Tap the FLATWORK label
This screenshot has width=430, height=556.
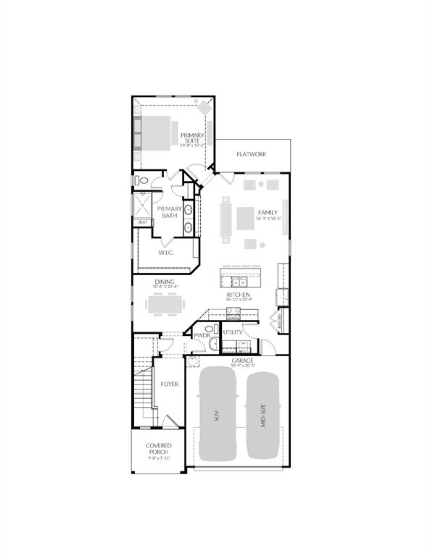pos(252,153)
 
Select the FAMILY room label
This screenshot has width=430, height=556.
pos(268,213)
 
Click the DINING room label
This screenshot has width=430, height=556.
pos(165,282)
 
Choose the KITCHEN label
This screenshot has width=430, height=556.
pos(238,295)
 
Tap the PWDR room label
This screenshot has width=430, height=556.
pos(201,335)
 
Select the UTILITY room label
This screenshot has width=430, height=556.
pos(233,332)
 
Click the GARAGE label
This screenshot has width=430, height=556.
pos(242,361)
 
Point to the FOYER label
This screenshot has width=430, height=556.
pos(170,384)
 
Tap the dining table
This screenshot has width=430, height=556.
pos(168,306)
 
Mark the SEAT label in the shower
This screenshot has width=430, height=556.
pos(143,222)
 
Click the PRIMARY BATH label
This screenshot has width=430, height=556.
pos(170,212)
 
